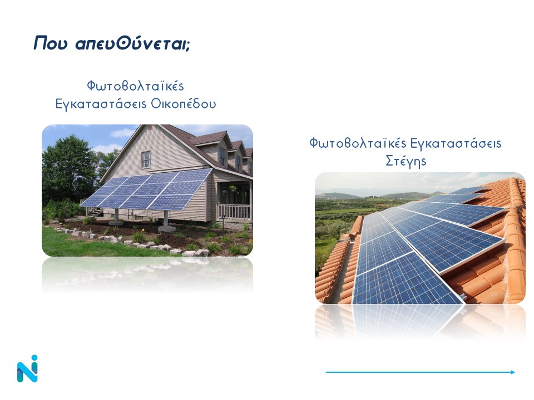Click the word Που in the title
click(51, 43)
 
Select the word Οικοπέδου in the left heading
click(183, 103)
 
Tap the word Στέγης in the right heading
click(406, 161)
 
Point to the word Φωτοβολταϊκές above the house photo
click(136, 86)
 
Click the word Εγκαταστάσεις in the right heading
click(456, 143)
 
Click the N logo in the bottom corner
click(27, 369)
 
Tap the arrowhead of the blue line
click(513, 372)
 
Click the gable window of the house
click(146, 159)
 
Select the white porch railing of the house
click(234, 211)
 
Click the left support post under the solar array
click(116, 216)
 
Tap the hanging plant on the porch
click(233, 188)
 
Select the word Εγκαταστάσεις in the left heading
click(101, 104)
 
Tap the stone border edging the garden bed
click(130, 242)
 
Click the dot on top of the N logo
click(34, 358)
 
